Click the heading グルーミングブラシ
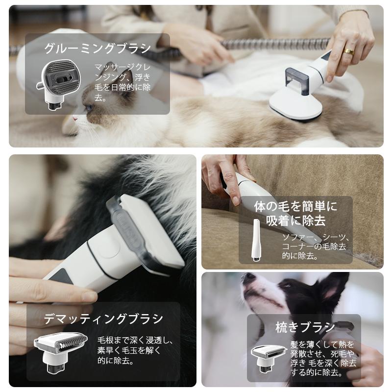(98, 49)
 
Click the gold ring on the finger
(348, 50)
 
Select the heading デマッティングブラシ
(103, 319)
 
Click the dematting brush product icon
(60, 350)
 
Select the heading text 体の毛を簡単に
(295, 206)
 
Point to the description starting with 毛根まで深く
(135, 350)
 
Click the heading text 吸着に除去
(295, 221)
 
